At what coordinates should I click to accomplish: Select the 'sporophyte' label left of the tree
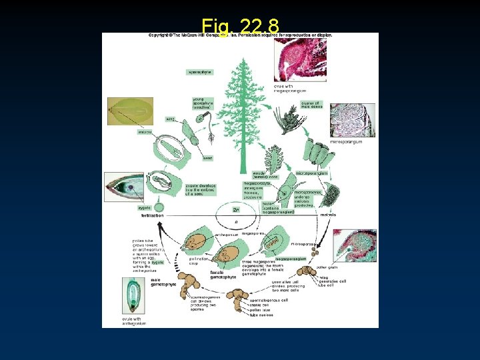coord(199,72)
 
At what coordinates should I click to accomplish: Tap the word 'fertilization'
coord(153,215)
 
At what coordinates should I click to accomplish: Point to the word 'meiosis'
coord(328,215)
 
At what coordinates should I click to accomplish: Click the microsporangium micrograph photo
coord(351,120)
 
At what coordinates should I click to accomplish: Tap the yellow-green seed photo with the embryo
coord(129,111)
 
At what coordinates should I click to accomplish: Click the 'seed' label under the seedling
coord(208,158)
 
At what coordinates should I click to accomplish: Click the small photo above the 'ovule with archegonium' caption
coord(133,295)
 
